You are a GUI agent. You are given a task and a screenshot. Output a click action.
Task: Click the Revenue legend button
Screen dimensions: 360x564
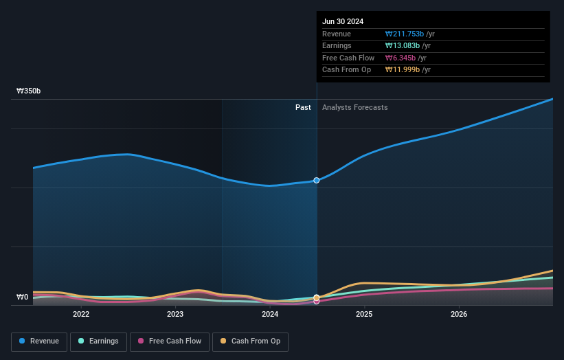click(x=39, y=341)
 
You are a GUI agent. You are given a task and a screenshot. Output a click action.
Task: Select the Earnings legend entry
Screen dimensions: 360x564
click(x=98, y=341)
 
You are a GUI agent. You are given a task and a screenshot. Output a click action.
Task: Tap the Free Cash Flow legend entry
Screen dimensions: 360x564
click(x=170, y=341)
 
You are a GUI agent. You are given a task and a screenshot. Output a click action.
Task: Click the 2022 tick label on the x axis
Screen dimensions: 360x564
click(x=81, y=315)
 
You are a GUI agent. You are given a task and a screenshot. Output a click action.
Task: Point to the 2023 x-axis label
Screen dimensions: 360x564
click(x=175, y=315)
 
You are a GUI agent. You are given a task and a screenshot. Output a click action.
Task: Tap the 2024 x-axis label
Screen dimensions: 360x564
click(x=270, y=315)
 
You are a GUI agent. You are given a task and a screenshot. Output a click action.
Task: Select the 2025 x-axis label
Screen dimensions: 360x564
click(x=364, y=315)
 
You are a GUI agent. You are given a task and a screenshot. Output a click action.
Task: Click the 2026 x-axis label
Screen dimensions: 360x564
click(x=459, y=315)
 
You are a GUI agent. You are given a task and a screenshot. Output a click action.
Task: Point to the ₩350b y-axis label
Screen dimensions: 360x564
click(x=29, y=91)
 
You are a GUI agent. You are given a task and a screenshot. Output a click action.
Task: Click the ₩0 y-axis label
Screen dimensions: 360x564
click(x=23, y=297)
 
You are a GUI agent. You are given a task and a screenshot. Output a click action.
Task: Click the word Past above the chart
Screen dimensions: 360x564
click(x=303, y=108)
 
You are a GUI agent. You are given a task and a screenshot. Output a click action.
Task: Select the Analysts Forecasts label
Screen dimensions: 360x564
click(x=354, y=108)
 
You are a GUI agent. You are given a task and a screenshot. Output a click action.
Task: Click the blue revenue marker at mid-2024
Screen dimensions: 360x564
click(x=317, y=180)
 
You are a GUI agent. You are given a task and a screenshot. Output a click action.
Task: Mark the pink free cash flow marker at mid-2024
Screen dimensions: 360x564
click(x=317, y=301)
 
